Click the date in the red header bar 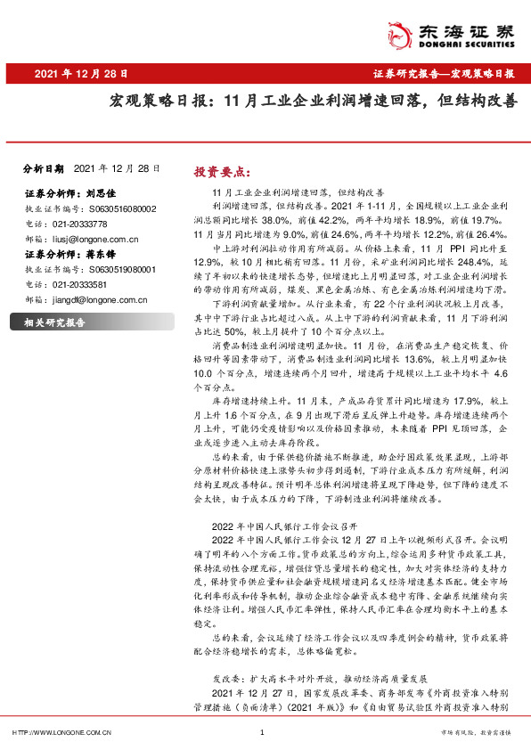point(81,74)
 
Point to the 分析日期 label point(44,167)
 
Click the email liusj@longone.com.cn point(94,239)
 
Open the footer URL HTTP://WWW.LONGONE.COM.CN point(59,732)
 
